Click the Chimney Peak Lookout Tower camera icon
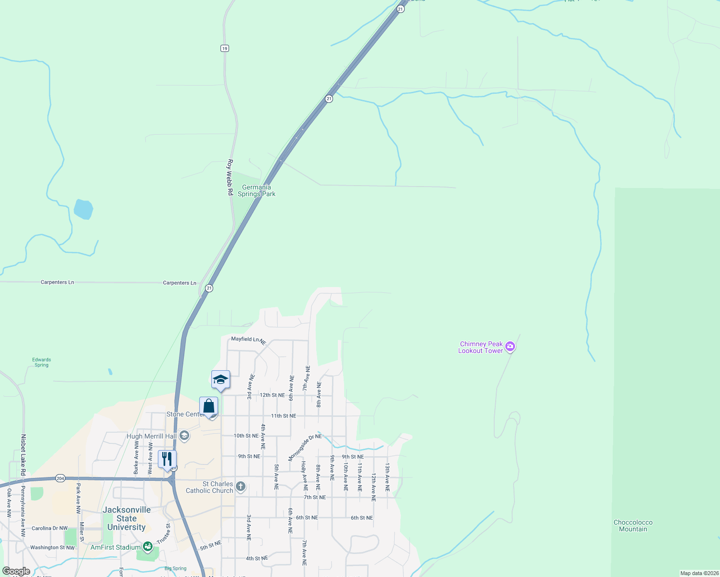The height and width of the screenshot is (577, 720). pyautogui.click(x=511, y=347)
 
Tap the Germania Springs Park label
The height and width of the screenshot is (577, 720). pyautogui.click(x=257, y=191)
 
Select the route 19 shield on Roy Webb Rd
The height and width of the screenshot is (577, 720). pyautogui.click(x=225, y=49)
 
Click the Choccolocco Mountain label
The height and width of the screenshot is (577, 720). pyautogui.click(x=633, y=526)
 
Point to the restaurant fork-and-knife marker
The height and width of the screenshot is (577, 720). pyautogui.click(x=167, y=460)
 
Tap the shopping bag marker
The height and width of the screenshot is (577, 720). pyautogui.click(x=209, y=406)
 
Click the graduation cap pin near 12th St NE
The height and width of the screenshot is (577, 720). pyautogui.click(x=220, y=380)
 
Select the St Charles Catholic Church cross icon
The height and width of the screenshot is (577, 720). pyautogui.click(x=241, y=487)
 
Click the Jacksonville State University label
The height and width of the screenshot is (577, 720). pyautogui.click(x=127, y=518)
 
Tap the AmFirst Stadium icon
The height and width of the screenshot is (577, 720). pyautogui.click(x=148, y=547)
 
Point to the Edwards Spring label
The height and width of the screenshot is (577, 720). pyautogui.click(x=41, y=362)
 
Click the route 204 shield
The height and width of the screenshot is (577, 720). pyautogui.click(x=60, y=478)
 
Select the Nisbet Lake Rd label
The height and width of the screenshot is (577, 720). pyautogui.click(x=23, y=455)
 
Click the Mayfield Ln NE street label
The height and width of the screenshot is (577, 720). pyautogui.click(x=248, y=339)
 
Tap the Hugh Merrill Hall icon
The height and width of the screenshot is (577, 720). pyautogui.click(x=183, y=436)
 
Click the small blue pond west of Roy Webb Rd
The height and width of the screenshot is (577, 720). pyautogui.click(x=83, y=209)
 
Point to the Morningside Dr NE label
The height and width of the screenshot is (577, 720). pyautogui.click(x=305, y=447)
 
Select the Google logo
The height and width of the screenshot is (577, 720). pyautogui.click(x=16, y=571)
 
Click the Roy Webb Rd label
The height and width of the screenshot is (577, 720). pyautogui.click(x=230, y=177)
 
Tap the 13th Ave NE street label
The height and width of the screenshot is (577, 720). pyautogui.click(x=387, y=477)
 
